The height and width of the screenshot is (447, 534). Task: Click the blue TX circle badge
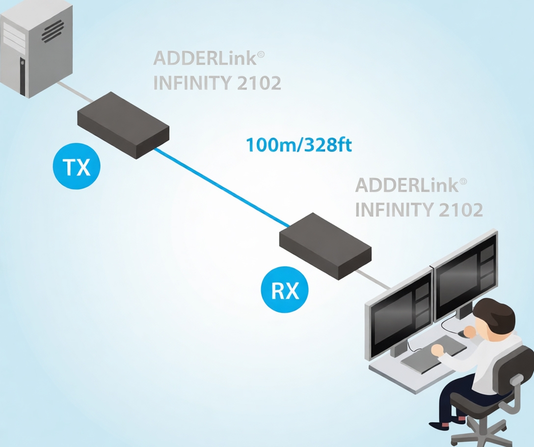pos(76,167)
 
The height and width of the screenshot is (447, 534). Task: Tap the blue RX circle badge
pos(285,290)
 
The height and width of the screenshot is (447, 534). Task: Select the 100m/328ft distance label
pos(298,145)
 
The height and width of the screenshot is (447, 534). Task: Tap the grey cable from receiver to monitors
pos(378,281)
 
